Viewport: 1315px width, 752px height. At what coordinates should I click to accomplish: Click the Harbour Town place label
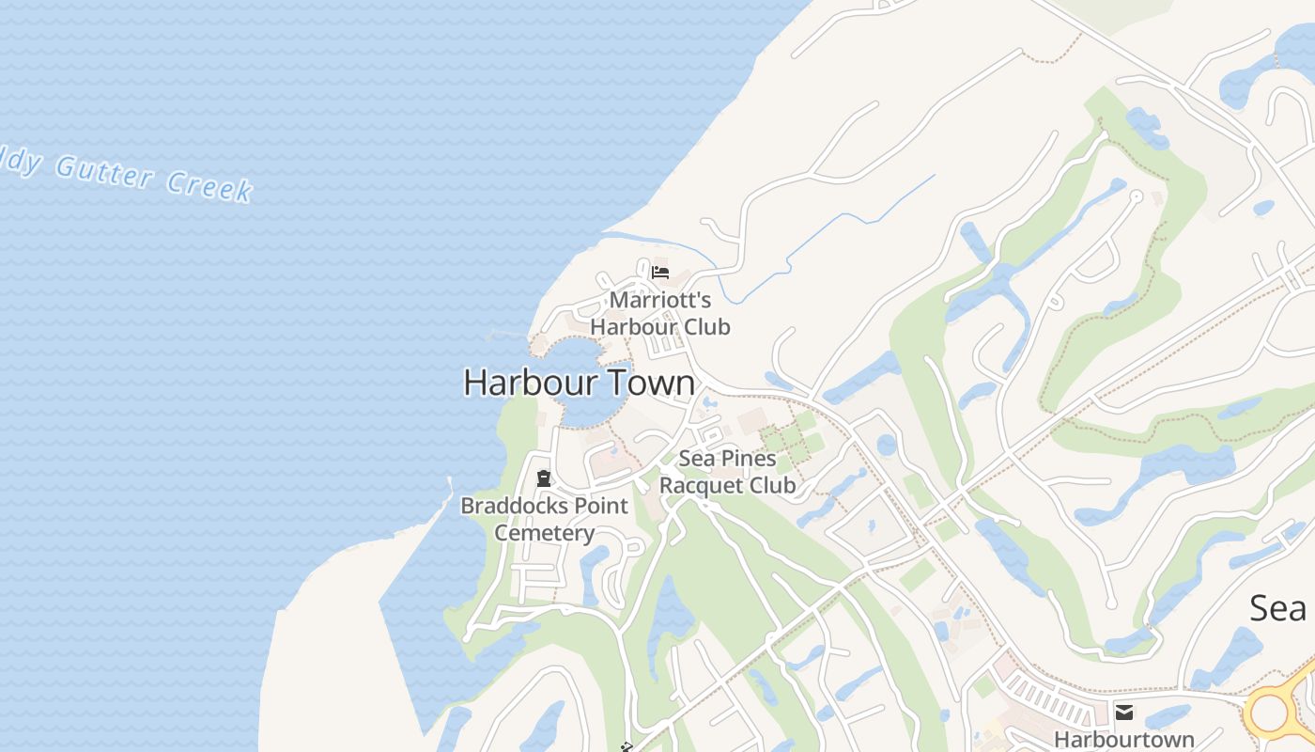(579, 383)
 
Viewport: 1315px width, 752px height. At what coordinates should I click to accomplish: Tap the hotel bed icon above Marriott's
(660, 273)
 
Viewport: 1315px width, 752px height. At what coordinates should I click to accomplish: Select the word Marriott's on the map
(660, 301)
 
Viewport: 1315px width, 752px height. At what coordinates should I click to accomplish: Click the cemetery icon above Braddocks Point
(543, 478)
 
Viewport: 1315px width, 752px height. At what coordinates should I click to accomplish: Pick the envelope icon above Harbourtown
(1124, 712)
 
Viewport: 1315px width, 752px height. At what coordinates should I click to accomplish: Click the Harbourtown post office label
(1124, 739)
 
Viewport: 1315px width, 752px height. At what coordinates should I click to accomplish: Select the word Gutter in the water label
(103, 172)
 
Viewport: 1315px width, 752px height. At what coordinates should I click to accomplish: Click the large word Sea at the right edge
(1278, 608)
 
